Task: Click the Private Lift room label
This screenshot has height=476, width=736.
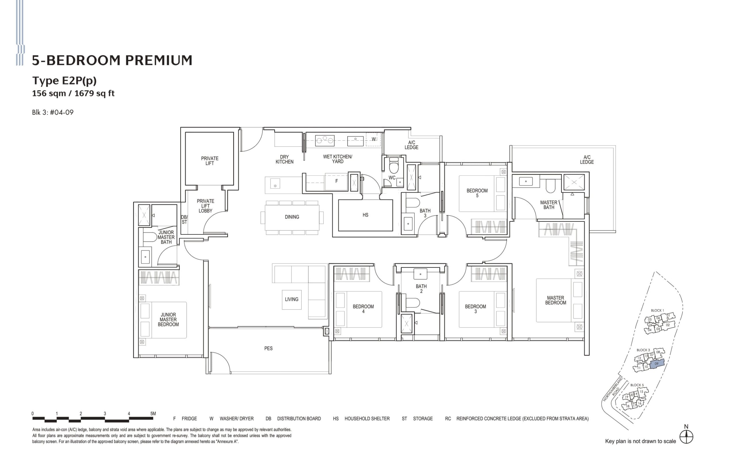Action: tap(210, 161)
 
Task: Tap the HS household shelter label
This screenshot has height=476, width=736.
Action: tap(365, 215)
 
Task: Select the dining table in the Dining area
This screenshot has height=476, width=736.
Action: tap(292, 217)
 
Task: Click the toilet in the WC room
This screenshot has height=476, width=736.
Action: tap(393, 166)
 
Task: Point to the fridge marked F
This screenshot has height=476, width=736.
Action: tap(336, 181)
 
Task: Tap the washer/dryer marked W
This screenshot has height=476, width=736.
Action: tap(373, 139)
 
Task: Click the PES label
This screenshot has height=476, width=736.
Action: tap(268, 349)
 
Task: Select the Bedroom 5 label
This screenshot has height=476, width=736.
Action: tap(477, 193)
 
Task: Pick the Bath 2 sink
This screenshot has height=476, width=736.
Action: tap(420, 274)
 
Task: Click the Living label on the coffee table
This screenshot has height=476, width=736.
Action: tap(291, 299)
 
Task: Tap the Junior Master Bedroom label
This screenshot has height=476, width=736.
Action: tap(168, 320)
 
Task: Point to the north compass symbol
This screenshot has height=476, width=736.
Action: tap(686, 437)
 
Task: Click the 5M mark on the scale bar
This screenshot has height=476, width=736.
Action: tap(153, 414)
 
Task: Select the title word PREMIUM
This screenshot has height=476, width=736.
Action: tap(158, 61)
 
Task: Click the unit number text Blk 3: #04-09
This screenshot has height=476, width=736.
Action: tap(53, 112)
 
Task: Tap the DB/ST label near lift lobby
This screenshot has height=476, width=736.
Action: tap(184, 220)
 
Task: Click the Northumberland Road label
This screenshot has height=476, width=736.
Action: tap(613, 389)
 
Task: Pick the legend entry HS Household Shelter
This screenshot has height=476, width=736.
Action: tap(361, 419)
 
